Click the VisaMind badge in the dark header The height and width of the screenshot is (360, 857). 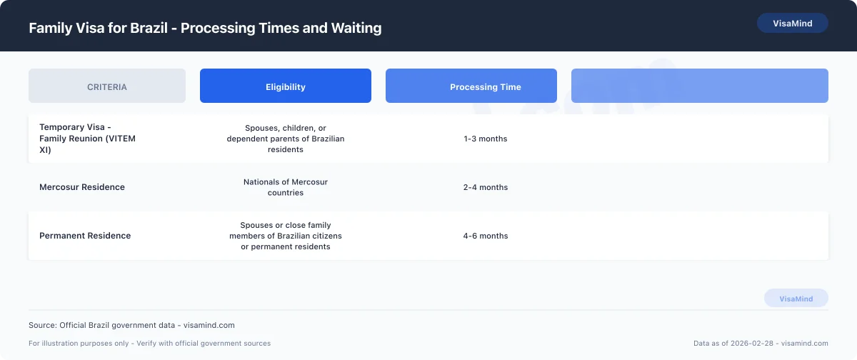point(792,24)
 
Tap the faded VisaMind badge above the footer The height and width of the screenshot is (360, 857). point(796,299)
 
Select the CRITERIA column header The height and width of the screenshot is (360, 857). point(107,86)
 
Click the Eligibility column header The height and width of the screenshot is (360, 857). point(286,86)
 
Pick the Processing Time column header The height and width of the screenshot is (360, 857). point(486,86)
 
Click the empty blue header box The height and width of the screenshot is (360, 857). point(700,86)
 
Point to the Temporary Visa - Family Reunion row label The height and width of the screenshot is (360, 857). point(87,139)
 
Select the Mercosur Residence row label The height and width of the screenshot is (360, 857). point(82,187)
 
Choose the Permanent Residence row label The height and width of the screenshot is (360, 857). point(85,236)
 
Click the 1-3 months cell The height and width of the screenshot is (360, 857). point(486,139)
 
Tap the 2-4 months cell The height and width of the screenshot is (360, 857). point(486,187)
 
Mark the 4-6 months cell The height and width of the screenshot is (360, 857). point(486,236)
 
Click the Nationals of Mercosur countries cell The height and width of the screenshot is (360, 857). point(286,187)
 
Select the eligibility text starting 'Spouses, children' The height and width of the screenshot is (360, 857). point(286,139)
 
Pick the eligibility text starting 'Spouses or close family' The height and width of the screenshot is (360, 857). point(286,236)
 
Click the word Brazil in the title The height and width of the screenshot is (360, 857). point(152,29)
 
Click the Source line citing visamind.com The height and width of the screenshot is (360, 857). point(131,325)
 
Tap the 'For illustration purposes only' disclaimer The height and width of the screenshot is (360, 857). point(150,344)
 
